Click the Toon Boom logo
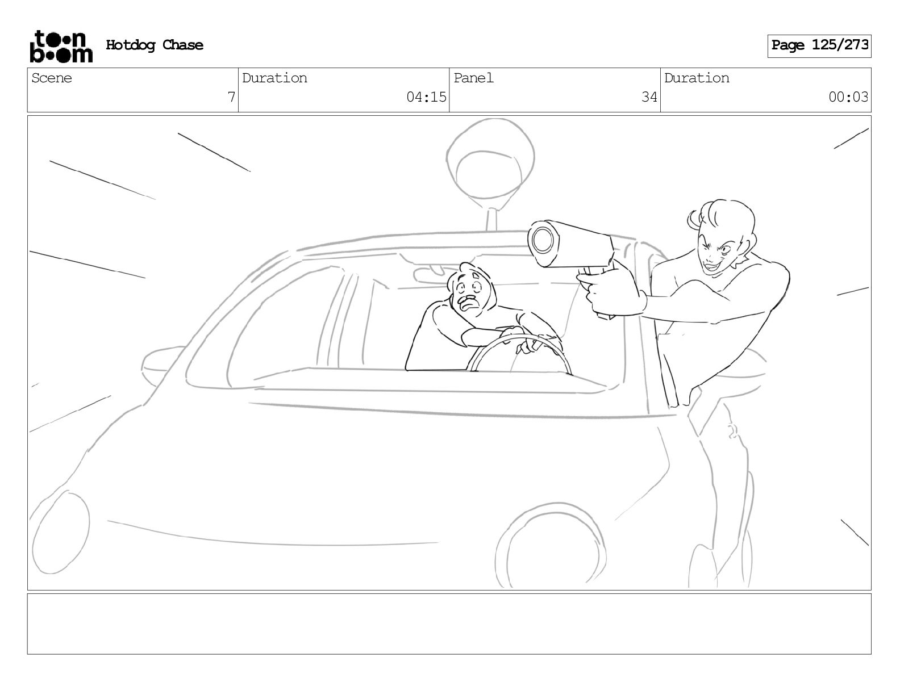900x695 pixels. click(61, 47)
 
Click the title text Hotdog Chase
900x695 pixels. click(155, 45)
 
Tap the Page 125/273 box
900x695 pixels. click(819, 46)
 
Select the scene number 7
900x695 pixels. click(231, 97)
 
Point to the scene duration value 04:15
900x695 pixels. click(426, 97)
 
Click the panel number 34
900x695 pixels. click(649, 97)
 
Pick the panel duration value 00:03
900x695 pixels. click(848, 97)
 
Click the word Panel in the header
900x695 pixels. click(473, 78)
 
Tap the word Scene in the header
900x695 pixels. click(51, 78)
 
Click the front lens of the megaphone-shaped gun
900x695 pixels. click(543, 240)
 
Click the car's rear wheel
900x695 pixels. click(551, 546)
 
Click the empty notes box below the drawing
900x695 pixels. click(449, 624)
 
